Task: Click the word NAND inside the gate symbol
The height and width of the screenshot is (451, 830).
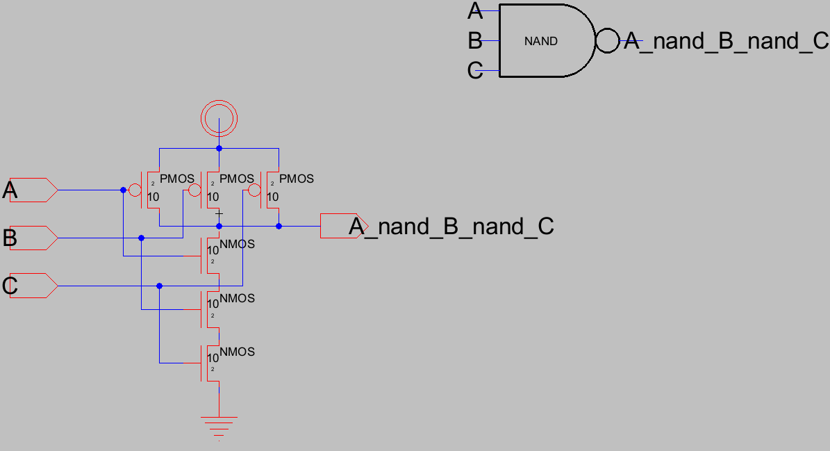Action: (x=540, y=41)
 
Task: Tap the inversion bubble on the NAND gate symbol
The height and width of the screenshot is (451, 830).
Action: (x=606, y=41)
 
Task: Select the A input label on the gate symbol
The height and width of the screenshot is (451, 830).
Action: (x=475, y=11)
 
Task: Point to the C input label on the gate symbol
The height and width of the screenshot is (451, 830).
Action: (x=475, y=71)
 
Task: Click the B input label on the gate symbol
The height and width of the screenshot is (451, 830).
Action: (x=475, y=41)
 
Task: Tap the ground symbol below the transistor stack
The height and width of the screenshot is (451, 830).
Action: (x=219, y=423)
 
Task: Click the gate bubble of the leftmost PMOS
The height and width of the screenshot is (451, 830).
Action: (x=136, y=190)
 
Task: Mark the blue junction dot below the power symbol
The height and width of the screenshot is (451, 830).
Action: (x=219, y=148)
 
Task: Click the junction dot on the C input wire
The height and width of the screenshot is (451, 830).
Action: (x=159, y=286)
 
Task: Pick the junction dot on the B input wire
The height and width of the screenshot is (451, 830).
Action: (x=141, y=238)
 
